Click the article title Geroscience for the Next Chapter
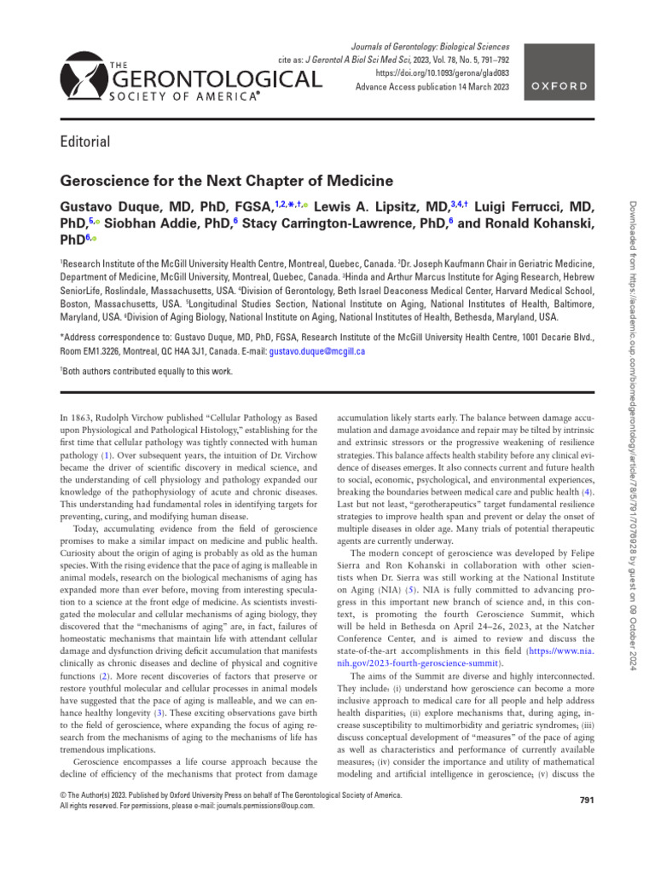tap(226, 181)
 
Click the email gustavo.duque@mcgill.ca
tap(317, 351)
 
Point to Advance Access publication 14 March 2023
tap(432, 86)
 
